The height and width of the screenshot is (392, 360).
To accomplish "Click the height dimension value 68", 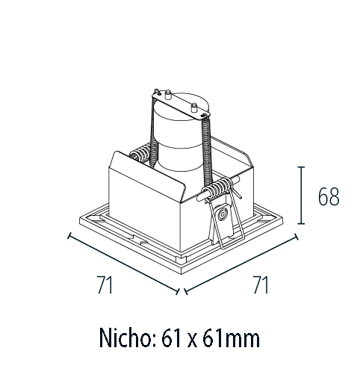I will [328, 196].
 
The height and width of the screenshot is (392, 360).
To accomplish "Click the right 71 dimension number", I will [260, 284].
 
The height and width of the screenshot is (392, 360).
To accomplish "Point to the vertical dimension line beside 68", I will [302, 195].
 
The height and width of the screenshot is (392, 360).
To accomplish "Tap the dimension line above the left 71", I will [123, 264].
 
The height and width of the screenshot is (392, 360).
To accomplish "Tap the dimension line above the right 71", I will [240, 264].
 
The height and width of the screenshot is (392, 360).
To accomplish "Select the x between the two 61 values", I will [191, 340].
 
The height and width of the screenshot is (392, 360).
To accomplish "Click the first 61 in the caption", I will [170, 338].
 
